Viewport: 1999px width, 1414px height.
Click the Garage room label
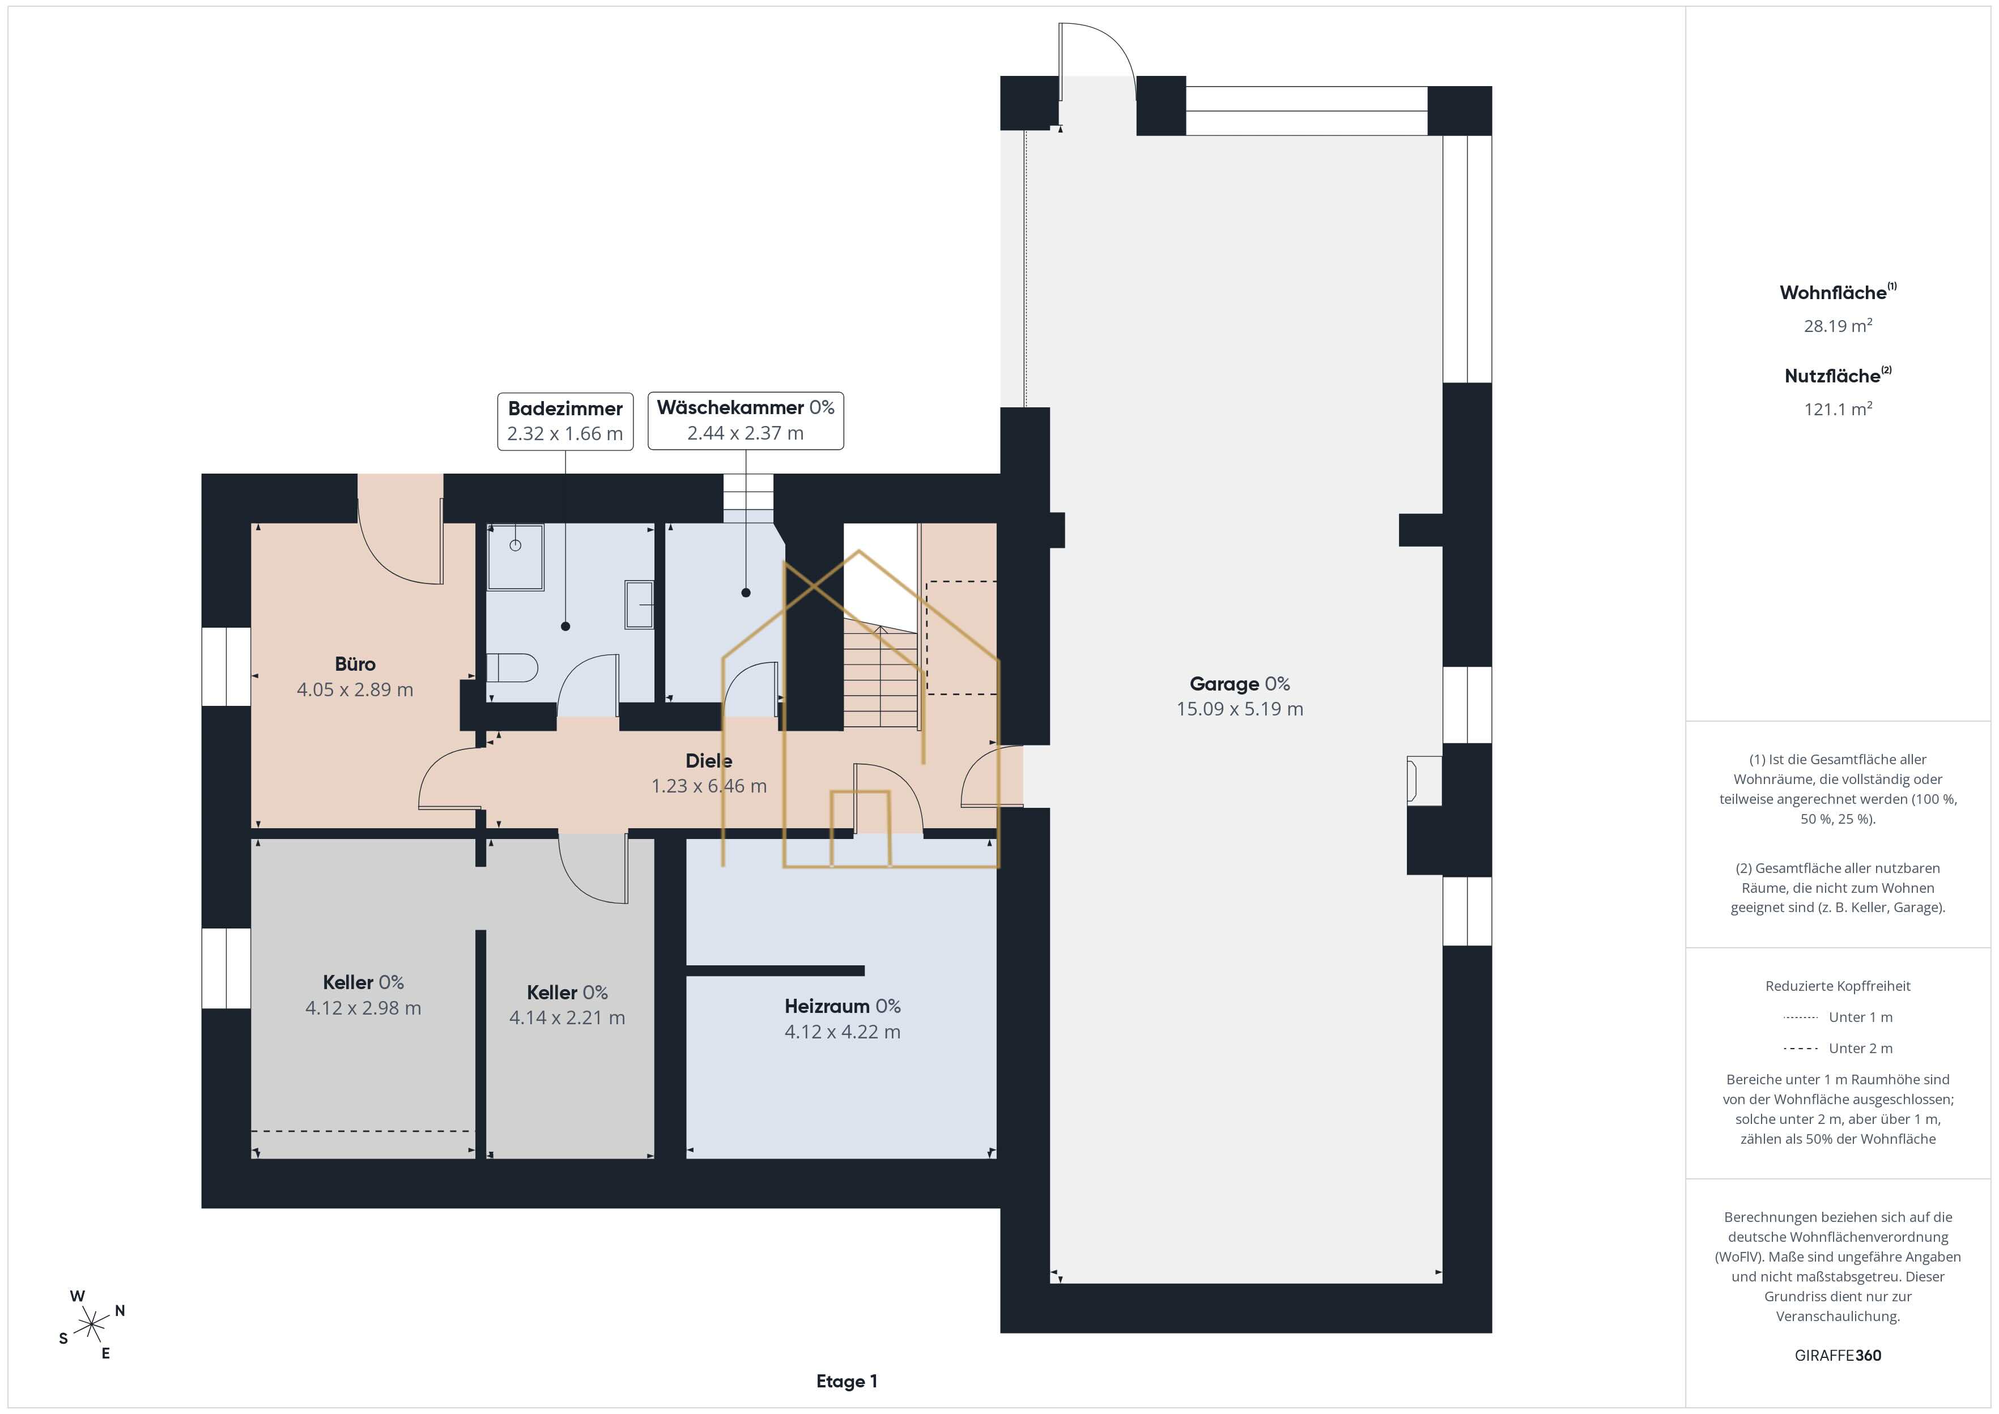(x=1240, y=697)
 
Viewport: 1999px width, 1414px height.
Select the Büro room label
(x=355, y=676)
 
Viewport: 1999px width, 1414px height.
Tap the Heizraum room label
(x=843, y=1019)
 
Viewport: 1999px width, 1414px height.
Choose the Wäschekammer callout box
(x=745, y=420)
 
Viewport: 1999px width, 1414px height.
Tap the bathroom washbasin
(x=639, y=604)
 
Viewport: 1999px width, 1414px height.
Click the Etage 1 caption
(x=847, y=1381)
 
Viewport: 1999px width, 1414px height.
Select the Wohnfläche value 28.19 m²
(x=1838, y=326)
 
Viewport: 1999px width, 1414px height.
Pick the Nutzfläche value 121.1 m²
(x=1838, y=408)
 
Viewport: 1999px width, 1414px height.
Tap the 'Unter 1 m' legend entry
(x=1838, y=1017)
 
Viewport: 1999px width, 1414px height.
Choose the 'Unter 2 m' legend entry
(x=1838, y=1048)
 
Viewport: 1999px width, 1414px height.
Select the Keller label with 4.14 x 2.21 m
(x=568, y=1005)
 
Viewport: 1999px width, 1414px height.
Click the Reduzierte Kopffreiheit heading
(x=1838, y=986)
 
